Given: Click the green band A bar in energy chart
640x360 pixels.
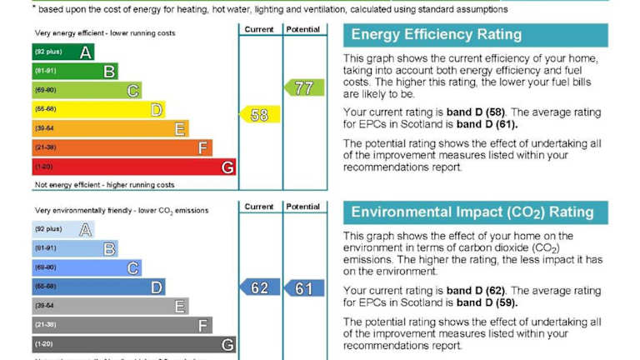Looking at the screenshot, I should click(62, 52).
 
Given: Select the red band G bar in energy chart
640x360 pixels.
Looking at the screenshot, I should click(133, 167).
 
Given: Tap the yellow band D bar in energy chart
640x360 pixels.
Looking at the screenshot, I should click(98, 110).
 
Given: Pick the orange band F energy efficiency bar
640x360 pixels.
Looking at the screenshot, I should click(122, 148).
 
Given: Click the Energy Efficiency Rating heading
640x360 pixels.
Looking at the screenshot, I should click(436, 35).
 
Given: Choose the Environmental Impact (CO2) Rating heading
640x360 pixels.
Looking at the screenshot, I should click(472, 212).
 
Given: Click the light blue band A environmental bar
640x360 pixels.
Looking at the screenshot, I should click(62, 229).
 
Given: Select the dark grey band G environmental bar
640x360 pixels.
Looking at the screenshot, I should click(133, 344).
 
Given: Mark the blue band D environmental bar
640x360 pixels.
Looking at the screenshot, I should click(98, 287).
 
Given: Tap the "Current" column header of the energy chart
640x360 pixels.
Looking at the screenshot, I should click(259, 29).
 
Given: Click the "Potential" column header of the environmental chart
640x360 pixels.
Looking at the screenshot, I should click(302, 207).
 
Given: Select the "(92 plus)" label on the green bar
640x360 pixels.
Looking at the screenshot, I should click(47, 52).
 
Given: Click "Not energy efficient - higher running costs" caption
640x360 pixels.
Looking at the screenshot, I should click(104, 185).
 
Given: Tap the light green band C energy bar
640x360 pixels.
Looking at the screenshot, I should click(87, 91).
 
